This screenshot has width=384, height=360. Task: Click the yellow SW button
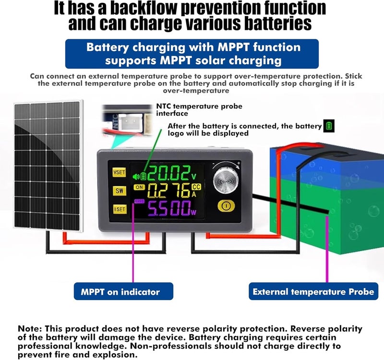pos(120,191)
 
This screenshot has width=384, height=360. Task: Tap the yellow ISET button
pos(120,209)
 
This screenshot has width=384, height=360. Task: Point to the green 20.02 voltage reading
pos(169,173)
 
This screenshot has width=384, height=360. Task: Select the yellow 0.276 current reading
pos(169,190)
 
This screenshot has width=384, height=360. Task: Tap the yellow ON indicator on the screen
pos(139,187)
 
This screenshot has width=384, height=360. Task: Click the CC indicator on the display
pos(196,187)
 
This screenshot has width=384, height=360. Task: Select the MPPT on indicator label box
pos(123,291)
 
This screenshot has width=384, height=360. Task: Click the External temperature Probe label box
pos(313,291)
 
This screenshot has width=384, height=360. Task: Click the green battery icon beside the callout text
pos(329,126)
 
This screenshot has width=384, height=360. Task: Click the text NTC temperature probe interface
pos(199,110)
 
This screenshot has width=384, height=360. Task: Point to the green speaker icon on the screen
pos(136,176)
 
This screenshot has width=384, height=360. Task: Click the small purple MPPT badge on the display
pos(139,201)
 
